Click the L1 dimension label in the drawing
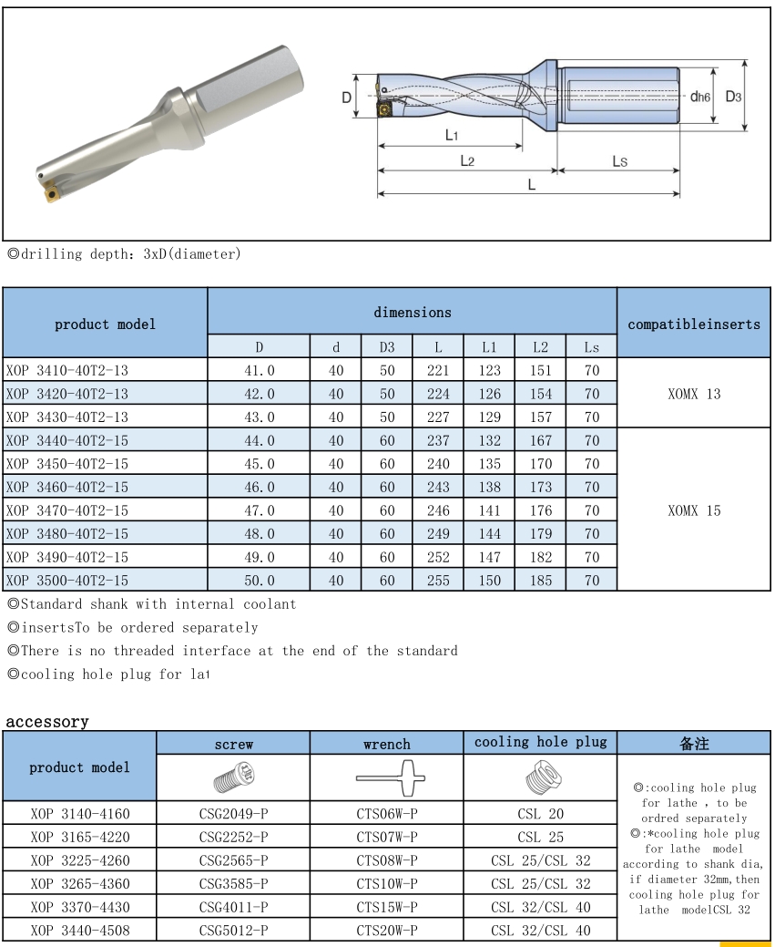[451, 135]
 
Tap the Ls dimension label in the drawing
[619, 160]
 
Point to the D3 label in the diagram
[733, 96]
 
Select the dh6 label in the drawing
[699, 96]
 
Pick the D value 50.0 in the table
[259, 581]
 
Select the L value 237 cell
[438, 440]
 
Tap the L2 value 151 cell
[540, 370]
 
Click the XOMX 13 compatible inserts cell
[693, 394]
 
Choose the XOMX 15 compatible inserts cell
[693, 510]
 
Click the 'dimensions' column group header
[412, 312]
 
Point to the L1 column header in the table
[489, 347]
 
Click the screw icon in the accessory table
[233, 779]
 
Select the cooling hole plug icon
[540, 779]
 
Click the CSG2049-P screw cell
[233, 813]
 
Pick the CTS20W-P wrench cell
[387, 931]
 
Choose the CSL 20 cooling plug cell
[540, 813]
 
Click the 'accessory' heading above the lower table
[47, 722]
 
